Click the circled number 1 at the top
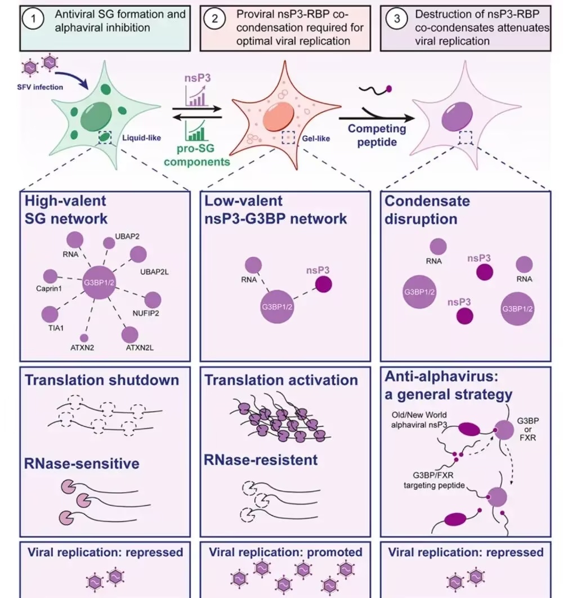(33, 19)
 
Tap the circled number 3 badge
(397, 19)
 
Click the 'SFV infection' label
(40, 87)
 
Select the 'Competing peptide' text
(377, 135)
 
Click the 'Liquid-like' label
(141, 138)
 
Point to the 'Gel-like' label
(316, 139)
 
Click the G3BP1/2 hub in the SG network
(99, 283)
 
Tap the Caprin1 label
(49, 288)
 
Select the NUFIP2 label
(146, 314)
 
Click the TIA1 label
(56, 328)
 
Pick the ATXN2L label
(140, 348)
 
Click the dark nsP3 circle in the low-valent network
(324, 284)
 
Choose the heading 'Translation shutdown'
(102, 380)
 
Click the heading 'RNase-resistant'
(261, 460)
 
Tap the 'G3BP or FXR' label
(528, 429)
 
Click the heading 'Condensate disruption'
(427, 210)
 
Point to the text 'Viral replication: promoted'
(285, 552)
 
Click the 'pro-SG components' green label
(197, 155)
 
